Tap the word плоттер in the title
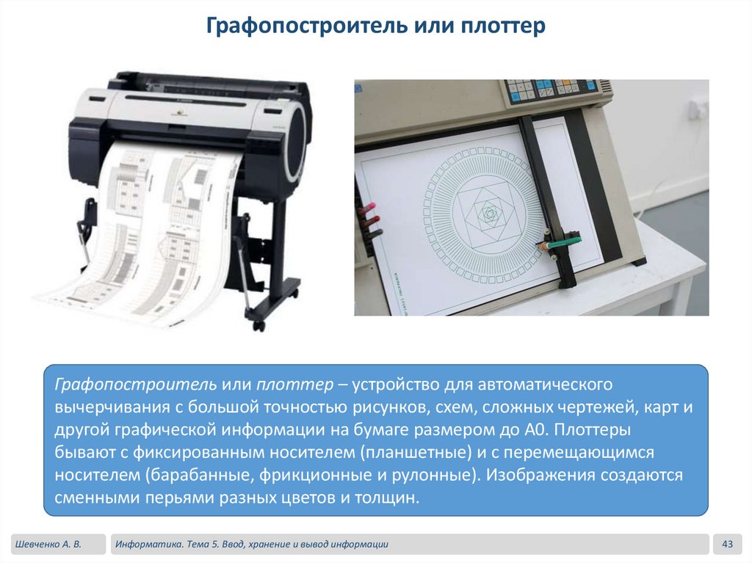502,26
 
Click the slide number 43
727,544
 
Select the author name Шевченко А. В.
48,545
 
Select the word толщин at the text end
387,498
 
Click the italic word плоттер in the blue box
294,384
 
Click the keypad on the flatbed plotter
551,90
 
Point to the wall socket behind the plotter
697,109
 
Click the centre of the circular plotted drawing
489,213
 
